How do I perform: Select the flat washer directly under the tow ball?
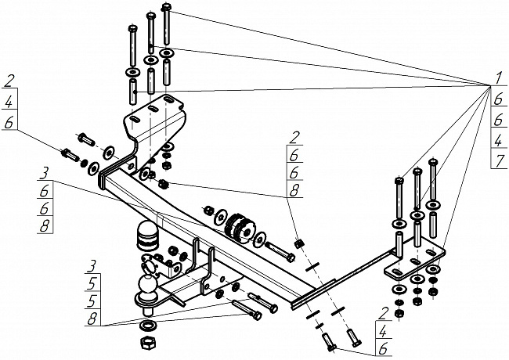(147, 325)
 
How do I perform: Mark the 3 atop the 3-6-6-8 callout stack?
(47, 173)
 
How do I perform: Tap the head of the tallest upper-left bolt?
(167, 8)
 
